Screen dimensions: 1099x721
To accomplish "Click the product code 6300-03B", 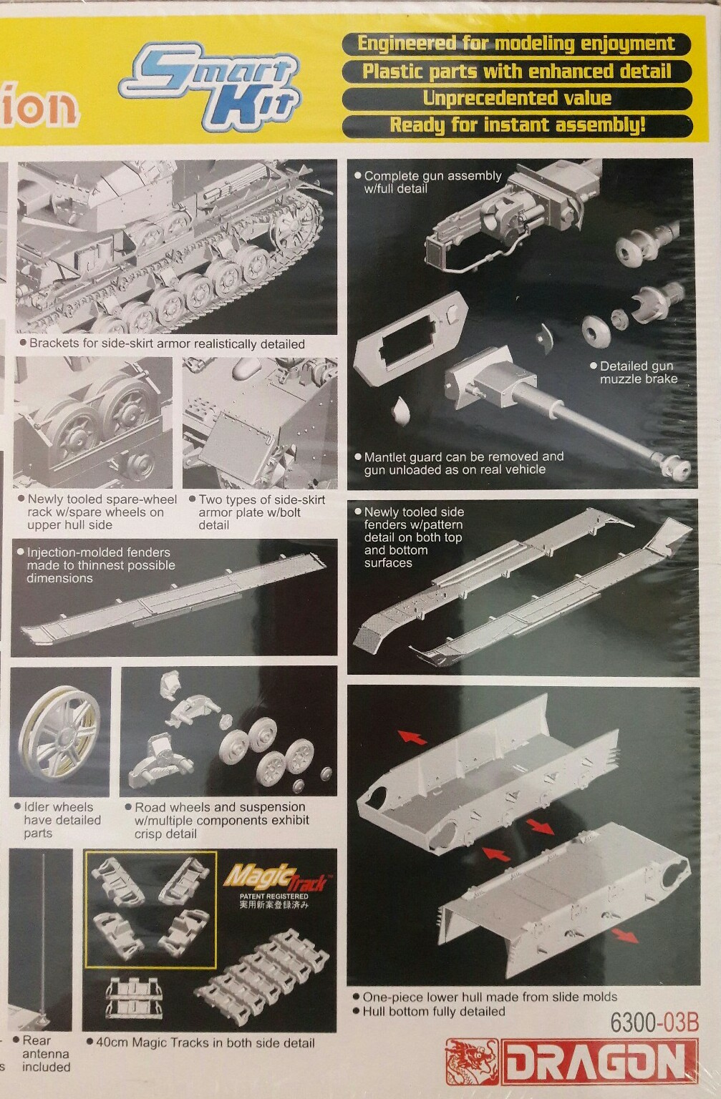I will point(654,1022).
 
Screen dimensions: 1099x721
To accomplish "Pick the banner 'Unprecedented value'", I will point(516,98).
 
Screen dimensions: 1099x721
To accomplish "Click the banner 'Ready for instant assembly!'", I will point(516,125).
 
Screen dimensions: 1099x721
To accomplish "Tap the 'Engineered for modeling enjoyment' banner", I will point(516,44).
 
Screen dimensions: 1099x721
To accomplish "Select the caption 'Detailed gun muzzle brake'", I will point(637,372).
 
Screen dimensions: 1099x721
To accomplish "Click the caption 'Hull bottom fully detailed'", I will point(433,1011).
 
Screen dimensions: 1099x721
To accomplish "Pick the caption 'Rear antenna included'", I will point(45,1053).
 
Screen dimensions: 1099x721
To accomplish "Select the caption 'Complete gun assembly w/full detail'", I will point(432,182).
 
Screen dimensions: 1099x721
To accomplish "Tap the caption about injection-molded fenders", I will point(100,565).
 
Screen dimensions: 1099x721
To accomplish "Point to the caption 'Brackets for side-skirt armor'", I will point(166,344).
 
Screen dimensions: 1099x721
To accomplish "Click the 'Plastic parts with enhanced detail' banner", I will point(516,71).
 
